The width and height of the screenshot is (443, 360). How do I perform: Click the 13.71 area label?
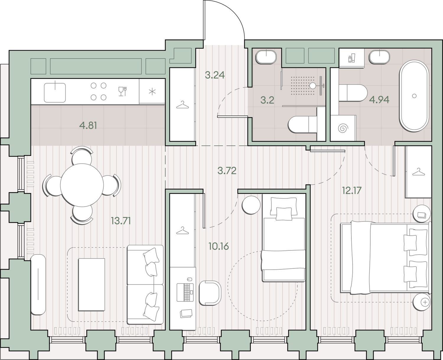point(121,221)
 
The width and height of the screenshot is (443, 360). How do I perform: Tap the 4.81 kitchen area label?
point(88,126)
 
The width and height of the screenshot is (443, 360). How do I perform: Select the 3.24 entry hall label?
point(215,75)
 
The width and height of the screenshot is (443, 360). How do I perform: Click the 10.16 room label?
point(219,246)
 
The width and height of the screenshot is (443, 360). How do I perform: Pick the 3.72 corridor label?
point(227,171)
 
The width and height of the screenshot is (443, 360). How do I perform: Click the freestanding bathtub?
point(414,96)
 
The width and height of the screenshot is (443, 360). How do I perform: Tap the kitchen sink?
point(55,92)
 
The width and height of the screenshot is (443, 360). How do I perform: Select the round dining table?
point(82,185)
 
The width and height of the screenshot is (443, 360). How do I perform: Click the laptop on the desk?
point(185,292)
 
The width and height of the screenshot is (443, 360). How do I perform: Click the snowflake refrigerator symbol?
point(152,92)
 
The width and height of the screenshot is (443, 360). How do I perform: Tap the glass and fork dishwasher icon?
point(123,91)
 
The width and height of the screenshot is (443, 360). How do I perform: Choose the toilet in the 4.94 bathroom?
point(353,93)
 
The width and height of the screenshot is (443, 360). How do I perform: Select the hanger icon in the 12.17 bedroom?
point(417,172)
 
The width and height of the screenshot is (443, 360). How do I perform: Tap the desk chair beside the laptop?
point(210,293)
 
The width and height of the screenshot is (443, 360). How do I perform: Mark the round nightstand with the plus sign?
point(422,302)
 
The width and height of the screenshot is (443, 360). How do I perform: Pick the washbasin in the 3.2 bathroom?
point(266,57)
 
